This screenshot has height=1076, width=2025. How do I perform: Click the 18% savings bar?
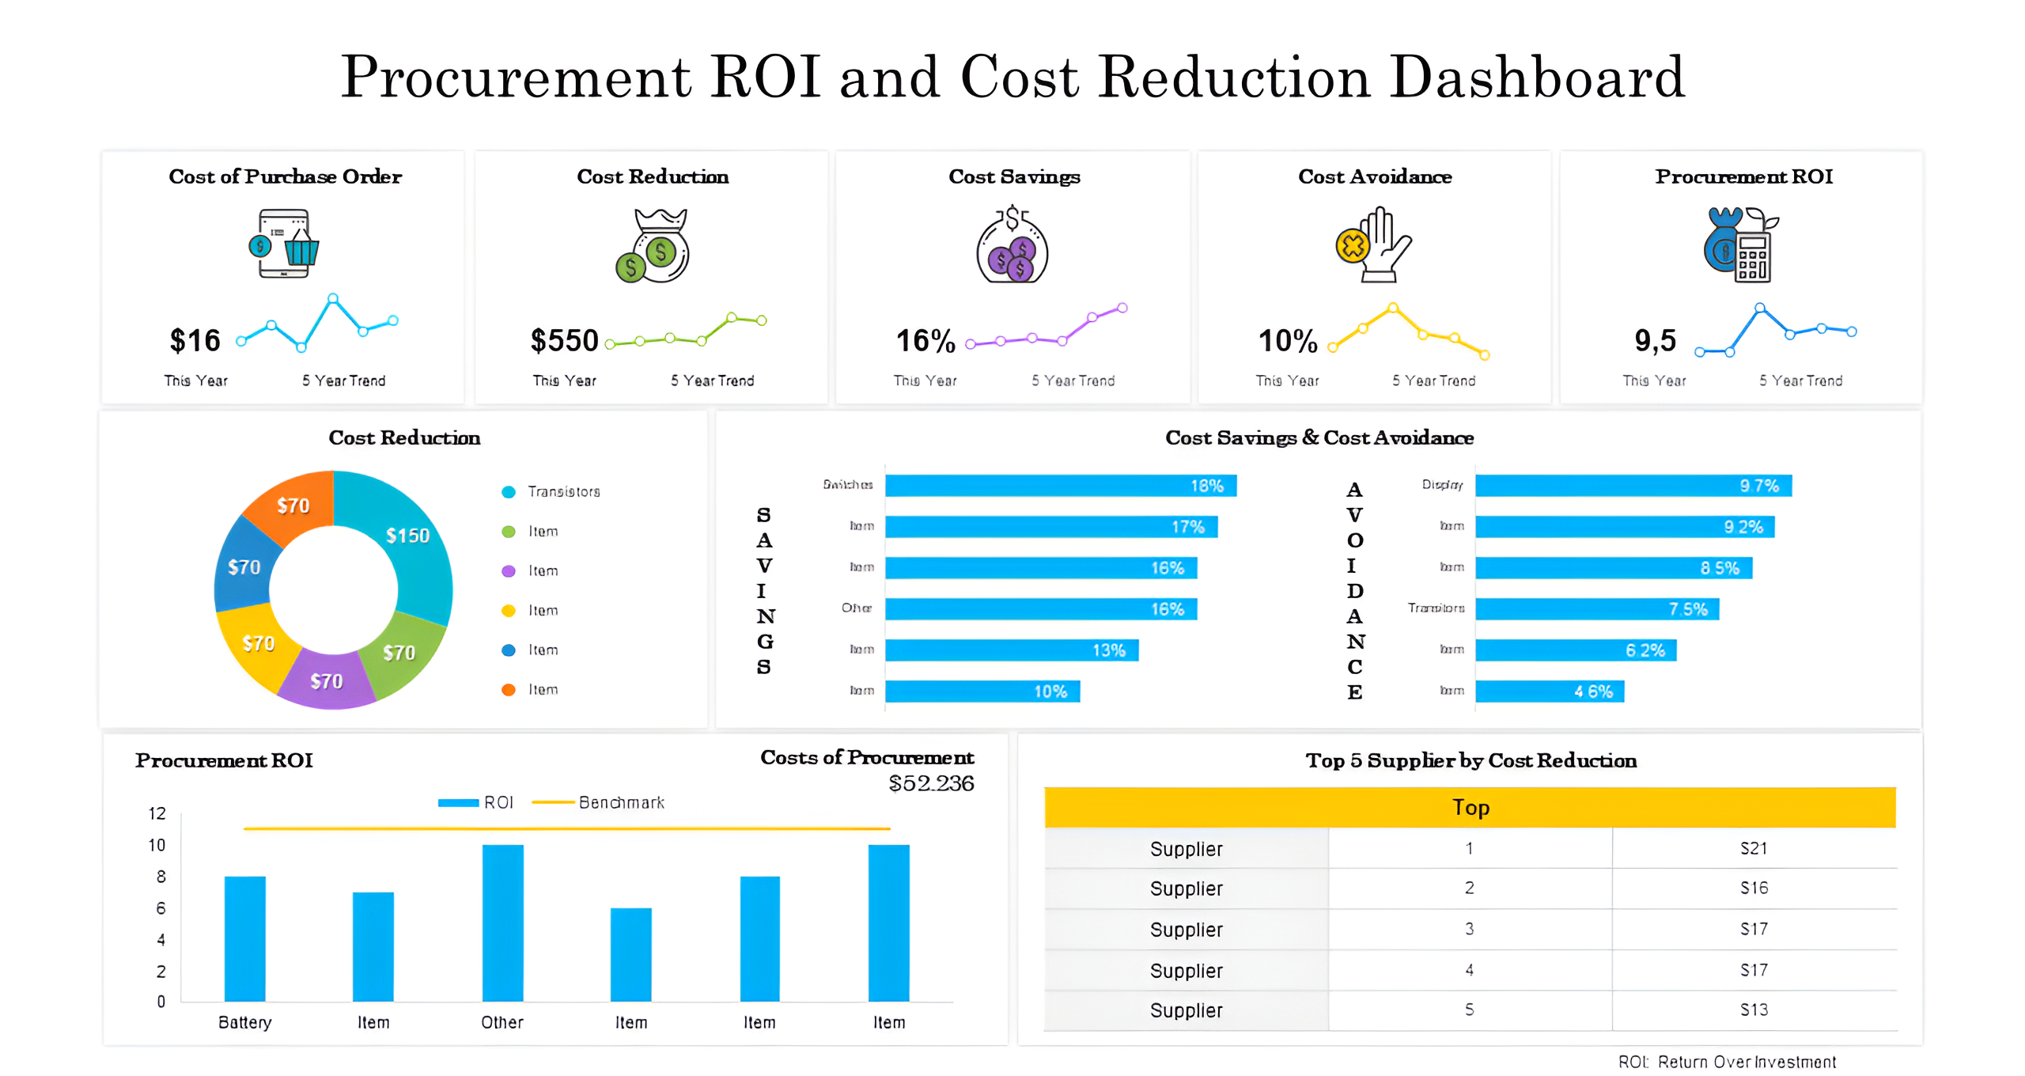pyautogui.click(x=1060, y=486)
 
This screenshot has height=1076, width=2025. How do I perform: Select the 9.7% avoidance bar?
pyautogui.click(x=1633, y=486)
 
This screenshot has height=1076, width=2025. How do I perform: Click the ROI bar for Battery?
pyautogui.click(x=245, y=938)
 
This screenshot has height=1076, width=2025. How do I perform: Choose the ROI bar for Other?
pyautogui.click(x=502, y=923)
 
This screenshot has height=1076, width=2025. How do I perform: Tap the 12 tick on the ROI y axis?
pyautogui.click(x=157, y=813)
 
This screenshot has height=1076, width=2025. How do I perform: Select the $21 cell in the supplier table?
pyautogui.click(x=1753, y=848)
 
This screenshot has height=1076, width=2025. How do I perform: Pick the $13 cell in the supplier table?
pyautogui.click(x=1753, y=1010)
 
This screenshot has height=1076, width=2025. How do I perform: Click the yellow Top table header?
pyautogui.click(x=1470, y=808)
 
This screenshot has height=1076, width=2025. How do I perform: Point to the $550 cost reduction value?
pyautogui.click(x=564, y=341)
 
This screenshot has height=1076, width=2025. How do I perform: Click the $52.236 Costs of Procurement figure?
pyautogui.click(x=931, y=783)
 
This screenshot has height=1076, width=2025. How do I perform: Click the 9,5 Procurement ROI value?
pyautogui.click(x=1655, y=341)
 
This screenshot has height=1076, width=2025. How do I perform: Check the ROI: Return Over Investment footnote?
pyautogui.click(x=1727, y=1062)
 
